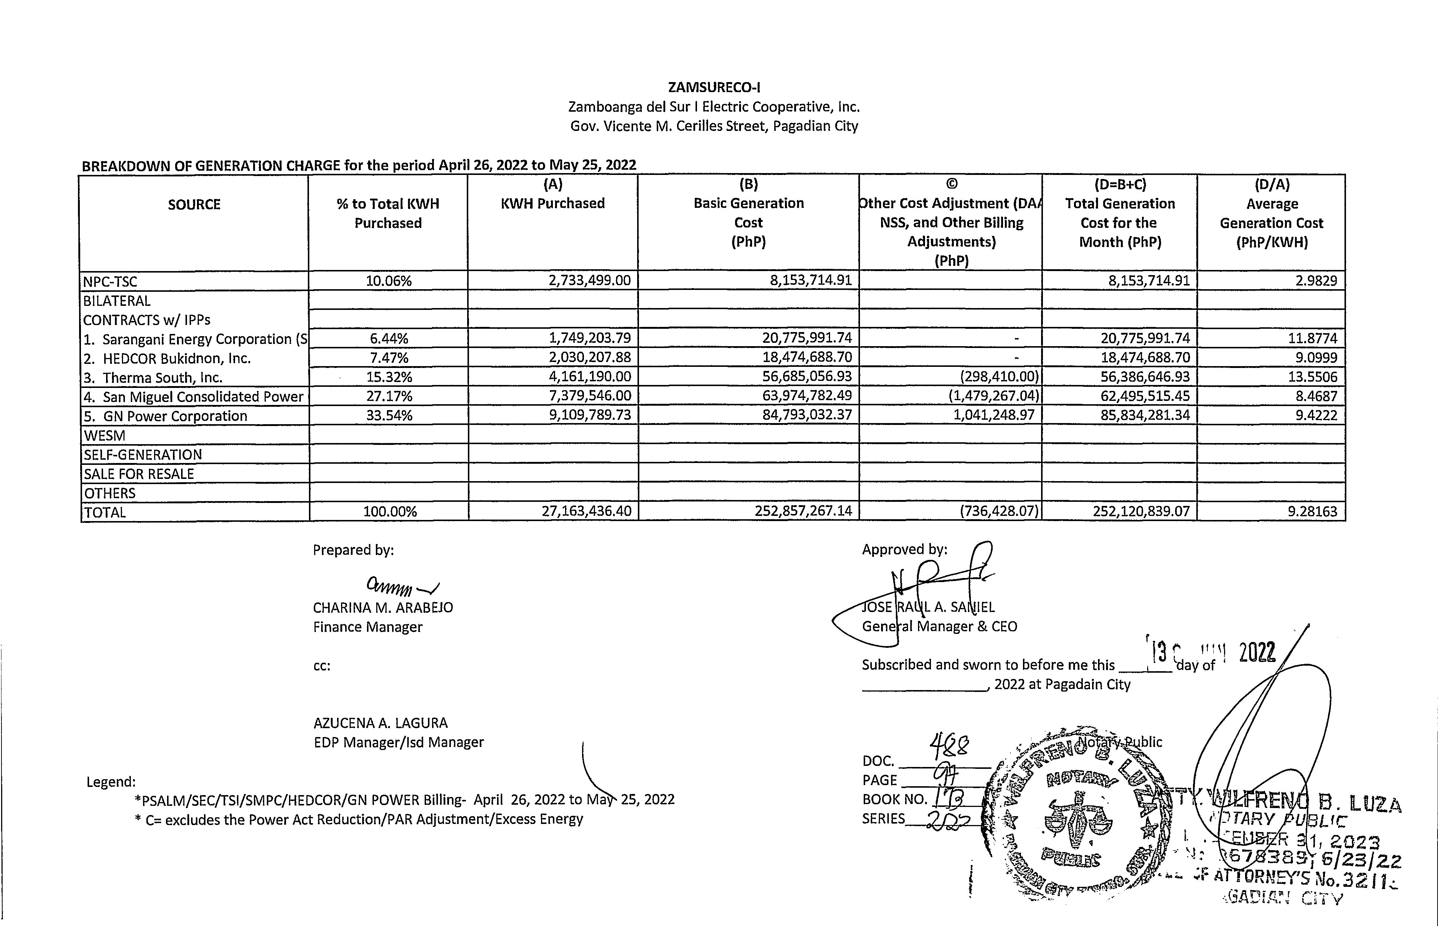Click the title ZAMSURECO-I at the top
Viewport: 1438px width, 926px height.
[x=714, y=87]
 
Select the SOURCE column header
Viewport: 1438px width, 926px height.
[x=194, y=205]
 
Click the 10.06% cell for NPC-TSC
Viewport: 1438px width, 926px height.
[x=389, y=281]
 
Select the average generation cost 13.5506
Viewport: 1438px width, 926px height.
[x=1312, y=377]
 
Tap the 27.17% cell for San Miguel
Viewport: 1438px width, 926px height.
[x=389, y=396]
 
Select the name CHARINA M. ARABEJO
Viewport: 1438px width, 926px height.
[x=383, y=607]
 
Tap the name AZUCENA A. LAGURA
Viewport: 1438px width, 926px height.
[x=380, y=723]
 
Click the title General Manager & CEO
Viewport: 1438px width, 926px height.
[x=939, y=626]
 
